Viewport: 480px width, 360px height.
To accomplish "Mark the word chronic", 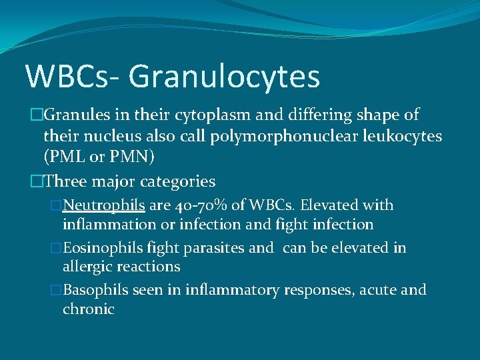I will [89, 309].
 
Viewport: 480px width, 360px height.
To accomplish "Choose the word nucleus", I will [101, 136].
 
